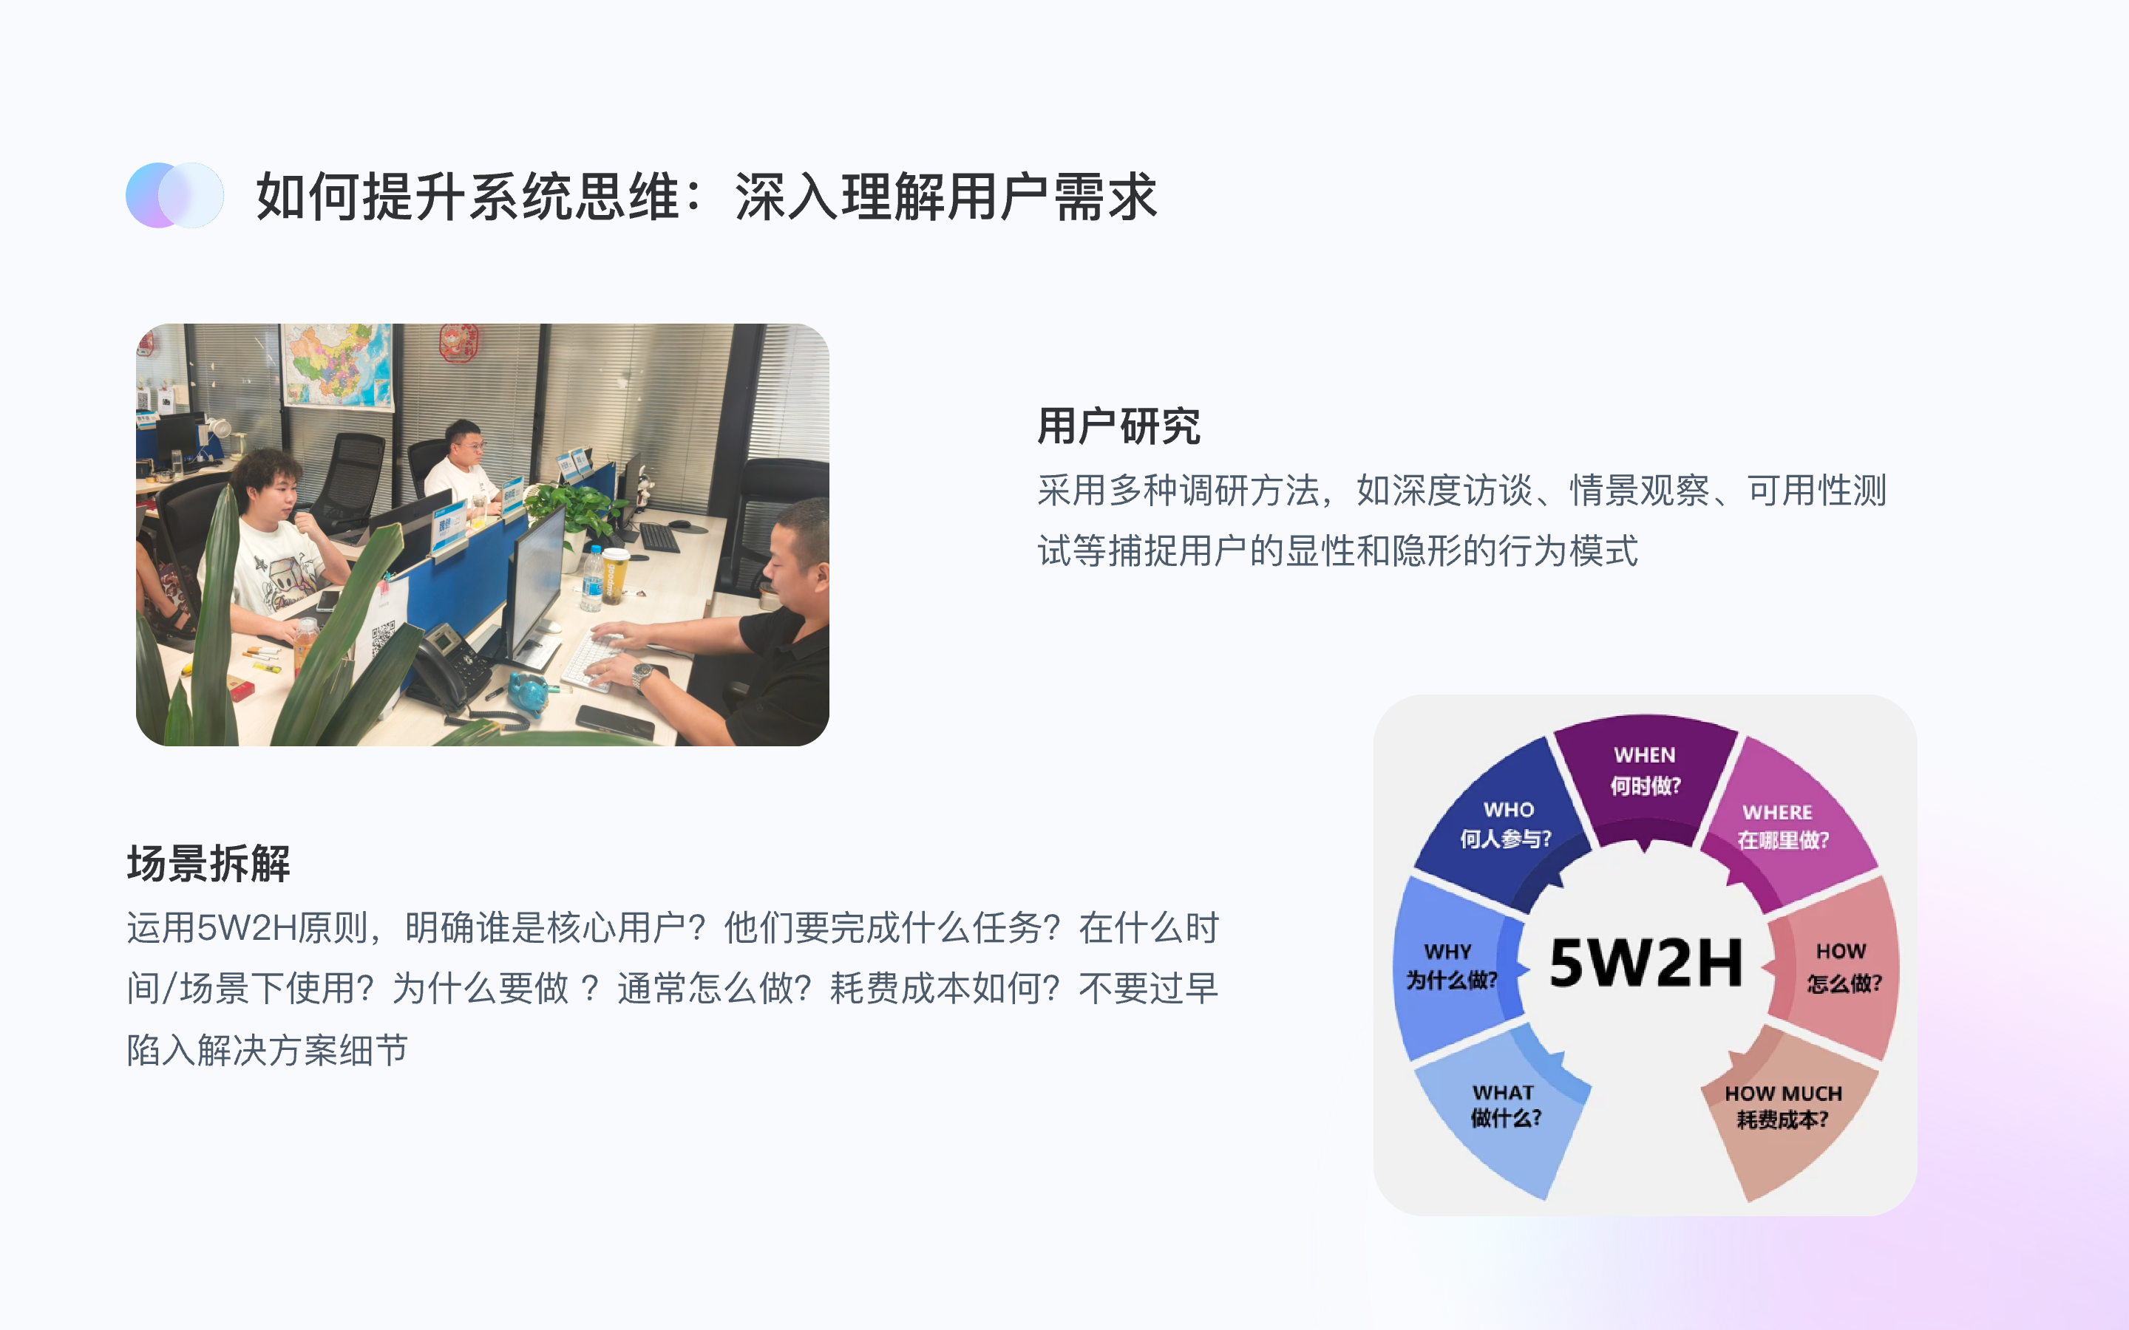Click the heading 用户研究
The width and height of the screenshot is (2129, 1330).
[1118, 426]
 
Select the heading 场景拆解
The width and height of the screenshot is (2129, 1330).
[208, 864]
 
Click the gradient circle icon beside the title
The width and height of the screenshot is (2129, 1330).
[175, 195]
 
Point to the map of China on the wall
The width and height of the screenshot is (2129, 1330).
[337, 365]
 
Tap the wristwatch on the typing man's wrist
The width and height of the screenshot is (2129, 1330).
[643, 675]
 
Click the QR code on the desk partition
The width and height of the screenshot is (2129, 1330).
[381, 639]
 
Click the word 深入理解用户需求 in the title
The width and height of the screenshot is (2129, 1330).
[945, 195]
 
